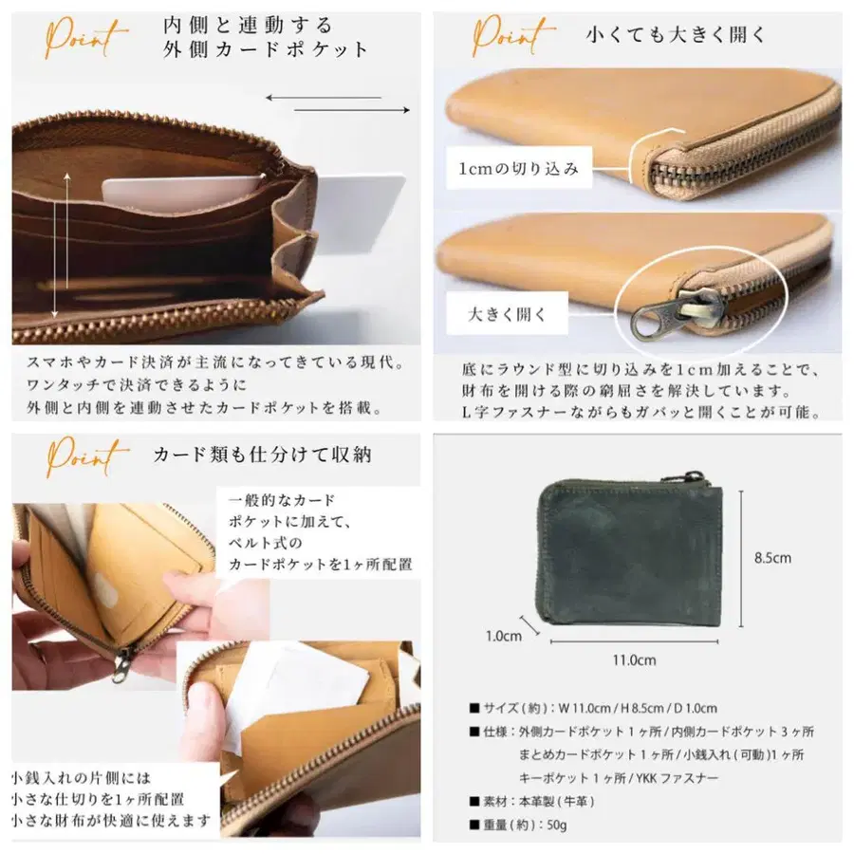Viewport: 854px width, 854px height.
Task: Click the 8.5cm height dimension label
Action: point(772,558)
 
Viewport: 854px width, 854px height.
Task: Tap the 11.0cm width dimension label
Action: point(634,660)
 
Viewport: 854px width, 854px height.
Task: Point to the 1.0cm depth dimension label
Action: point(503,636)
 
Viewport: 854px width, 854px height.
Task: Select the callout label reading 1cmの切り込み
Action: point(518,168)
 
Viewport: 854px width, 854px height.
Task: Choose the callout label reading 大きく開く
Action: point(507,314)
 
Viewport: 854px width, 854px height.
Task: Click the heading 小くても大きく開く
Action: point(676,35)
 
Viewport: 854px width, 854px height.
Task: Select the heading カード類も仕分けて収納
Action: point(263,455)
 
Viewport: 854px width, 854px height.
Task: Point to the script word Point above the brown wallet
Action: point(85,37)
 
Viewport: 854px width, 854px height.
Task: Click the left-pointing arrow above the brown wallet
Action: point(324,98)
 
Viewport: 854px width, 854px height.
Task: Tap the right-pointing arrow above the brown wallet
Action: point(352,110)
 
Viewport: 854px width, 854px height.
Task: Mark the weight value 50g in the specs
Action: point(557,826)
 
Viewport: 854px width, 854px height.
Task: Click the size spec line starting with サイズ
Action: point(593,708)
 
